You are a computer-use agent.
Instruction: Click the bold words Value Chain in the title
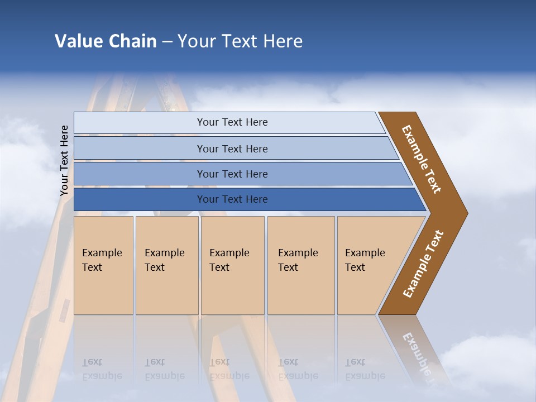(106, 41)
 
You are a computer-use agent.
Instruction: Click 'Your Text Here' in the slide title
(240, 41)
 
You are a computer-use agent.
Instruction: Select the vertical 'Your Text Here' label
(64, 161)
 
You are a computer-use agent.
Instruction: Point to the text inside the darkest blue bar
(232, 199)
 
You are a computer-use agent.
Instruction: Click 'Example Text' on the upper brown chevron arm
(422, 159)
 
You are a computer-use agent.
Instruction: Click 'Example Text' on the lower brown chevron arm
(423, 264)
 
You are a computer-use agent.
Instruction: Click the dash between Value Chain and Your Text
(167, 41)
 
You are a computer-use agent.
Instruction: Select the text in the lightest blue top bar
(232, 122)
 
